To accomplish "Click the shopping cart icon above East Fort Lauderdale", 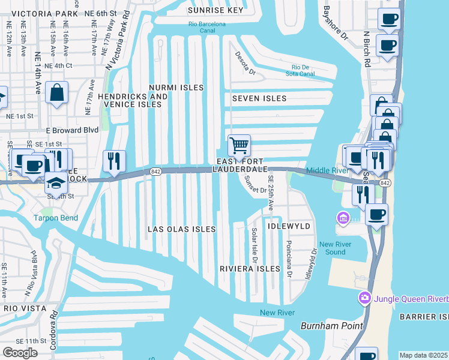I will (x=239, y=145).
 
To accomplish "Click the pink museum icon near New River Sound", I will (x=343, y=217).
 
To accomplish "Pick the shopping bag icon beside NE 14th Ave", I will (x=56, y=92).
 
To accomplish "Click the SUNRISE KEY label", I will (x=215, y=10).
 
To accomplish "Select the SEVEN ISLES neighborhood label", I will (x=259, y=98).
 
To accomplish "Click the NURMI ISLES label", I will (x=176, y=88).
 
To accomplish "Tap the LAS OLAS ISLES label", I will (x=181, y=229).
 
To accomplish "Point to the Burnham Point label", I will (x=332, y=326).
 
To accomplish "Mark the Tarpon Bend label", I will (x=55, y=218).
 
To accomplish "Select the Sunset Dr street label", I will (x=255, y=188).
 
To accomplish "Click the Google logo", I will (x=20, y=353).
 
